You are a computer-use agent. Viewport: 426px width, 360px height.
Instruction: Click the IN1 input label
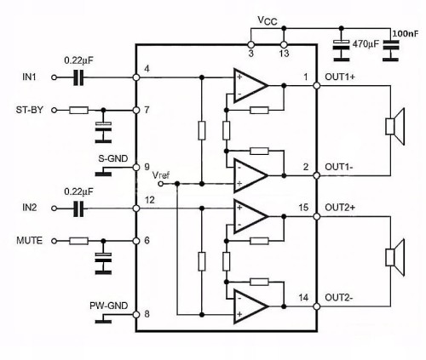(x=29, y=77)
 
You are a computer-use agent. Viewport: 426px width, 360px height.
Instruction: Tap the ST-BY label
(x=30, y=110)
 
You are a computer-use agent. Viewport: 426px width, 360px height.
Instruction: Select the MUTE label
(x=30, y=241)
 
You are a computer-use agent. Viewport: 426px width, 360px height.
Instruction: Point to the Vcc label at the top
(x=267, y=20)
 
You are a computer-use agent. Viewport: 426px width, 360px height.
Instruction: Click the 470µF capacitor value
(x=366, y=44)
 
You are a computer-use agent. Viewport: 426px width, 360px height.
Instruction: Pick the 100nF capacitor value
(x=406, y=34)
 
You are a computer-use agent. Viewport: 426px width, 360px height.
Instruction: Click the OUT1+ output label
(x=340, y=77)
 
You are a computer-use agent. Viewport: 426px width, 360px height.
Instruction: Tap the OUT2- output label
(x=339, y=298)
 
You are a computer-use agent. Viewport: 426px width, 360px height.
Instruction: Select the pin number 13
(x=284, y=54)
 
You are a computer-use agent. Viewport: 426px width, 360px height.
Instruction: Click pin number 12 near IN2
(x=150, y=200)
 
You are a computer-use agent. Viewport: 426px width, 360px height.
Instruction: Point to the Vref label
(x=161, y=175)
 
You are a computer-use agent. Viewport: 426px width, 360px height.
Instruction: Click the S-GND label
(x=113, y=158)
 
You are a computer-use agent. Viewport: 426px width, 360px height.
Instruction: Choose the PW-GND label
(x=109, y=306)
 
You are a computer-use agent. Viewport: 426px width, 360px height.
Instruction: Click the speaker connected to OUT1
(x=394, y=127)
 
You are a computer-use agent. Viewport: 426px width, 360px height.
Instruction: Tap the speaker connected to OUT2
(x=394, y=257)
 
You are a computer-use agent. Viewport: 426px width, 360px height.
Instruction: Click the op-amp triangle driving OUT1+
(x=250, y=85)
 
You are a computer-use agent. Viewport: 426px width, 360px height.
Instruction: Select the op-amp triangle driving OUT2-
(x=250, y=306)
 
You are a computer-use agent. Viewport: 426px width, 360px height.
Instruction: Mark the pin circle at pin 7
(x=136, y=110)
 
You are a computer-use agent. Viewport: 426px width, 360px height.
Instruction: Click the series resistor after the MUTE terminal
(x=78, y=241)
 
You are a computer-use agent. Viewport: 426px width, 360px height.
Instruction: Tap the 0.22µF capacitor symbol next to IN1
(x=78, y=77)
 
